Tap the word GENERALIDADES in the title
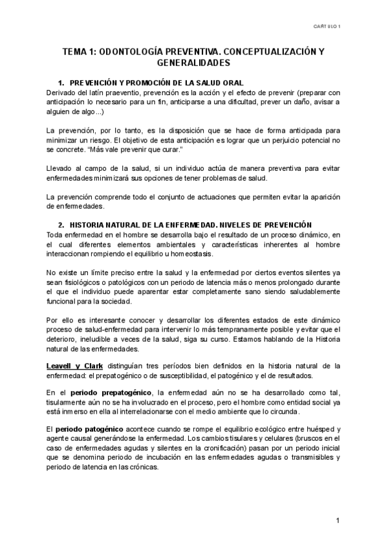pos(193,63)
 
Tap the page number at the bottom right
pos(338,521)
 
